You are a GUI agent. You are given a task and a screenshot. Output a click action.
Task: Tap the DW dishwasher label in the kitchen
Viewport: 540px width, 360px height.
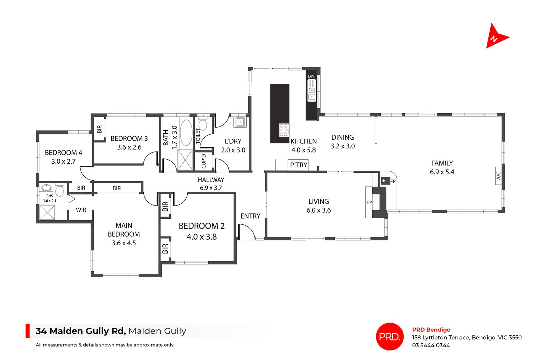pos(311,76)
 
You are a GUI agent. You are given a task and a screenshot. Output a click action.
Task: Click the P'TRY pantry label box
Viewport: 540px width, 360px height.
pos(299,165)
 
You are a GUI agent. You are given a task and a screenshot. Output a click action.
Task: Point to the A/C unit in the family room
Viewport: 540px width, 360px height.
pos(498,175)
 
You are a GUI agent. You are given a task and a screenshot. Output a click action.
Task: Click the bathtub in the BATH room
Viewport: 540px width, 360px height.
pos(186,133)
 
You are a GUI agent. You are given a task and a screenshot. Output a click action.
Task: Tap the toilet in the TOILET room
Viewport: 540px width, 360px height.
pos(202,124)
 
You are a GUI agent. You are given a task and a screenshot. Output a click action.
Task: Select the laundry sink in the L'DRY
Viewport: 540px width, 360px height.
pos(240,122)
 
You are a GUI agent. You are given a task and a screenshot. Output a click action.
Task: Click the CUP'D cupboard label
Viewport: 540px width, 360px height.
pos(204,161)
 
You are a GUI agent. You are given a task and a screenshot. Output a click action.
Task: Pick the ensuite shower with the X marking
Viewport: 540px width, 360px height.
pos(47,212)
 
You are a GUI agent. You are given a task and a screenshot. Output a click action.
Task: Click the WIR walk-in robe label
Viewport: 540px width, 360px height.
pos(81,210)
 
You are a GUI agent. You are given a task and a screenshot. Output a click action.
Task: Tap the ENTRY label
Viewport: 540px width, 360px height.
pos(250,216)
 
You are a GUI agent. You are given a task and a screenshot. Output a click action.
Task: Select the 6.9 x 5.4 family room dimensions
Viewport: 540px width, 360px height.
pos(442,172)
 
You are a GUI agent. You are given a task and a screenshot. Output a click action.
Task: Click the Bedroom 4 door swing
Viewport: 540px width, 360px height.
pos(86,173)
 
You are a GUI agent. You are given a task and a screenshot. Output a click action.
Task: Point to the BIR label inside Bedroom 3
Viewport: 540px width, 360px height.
pos(99,129)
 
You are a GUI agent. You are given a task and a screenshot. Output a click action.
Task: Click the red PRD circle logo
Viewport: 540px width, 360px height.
pos(389,336)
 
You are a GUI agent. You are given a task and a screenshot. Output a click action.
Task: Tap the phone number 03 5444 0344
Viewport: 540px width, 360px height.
pos(431,345)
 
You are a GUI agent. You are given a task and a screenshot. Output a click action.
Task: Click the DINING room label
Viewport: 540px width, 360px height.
pos(343,137)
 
